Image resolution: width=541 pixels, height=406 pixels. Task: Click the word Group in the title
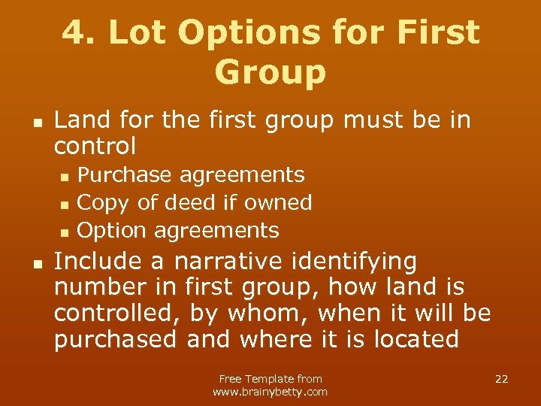(x=270, y=72)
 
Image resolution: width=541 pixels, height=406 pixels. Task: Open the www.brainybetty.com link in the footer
(x=270, y=392)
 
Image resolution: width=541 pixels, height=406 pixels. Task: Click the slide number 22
(x=501, y=379)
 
